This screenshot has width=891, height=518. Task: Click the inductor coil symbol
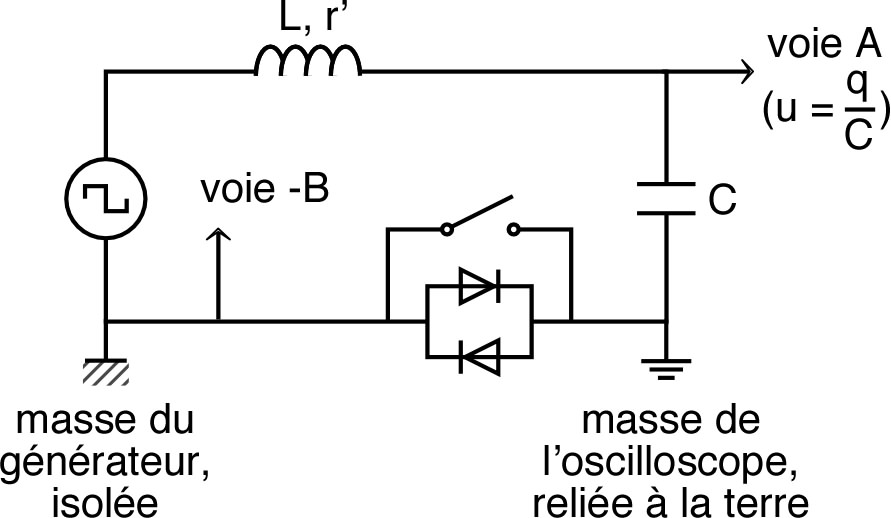[x=308, y=62]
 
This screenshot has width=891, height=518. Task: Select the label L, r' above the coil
[x=308, y=17]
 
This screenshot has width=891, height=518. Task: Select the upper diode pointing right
[x=479, y=288]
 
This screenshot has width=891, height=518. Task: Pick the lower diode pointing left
[x=479, y=354]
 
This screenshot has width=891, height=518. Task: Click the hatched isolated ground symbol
[x=105, y=372]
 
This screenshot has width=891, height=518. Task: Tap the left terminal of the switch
[x=447, y=230]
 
